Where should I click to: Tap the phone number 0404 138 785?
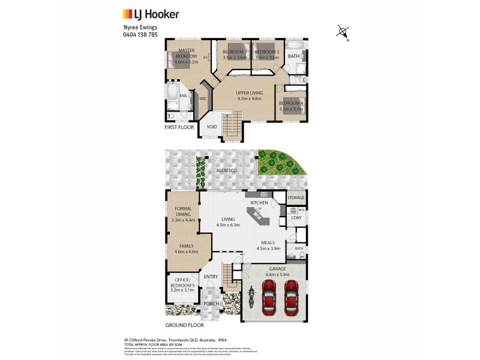click(x=136, y=34)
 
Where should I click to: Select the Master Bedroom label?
click(x=186, y=55)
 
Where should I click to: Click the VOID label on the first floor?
click(x=212, y=127)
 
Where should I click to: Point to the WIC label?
click(x=203, y=98)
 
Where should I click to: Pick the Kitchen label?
click(x=259, y=203)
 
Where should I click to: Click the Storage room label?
click(x=296, y=198)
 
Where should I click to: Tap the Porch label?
click(x=211, y=304)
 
